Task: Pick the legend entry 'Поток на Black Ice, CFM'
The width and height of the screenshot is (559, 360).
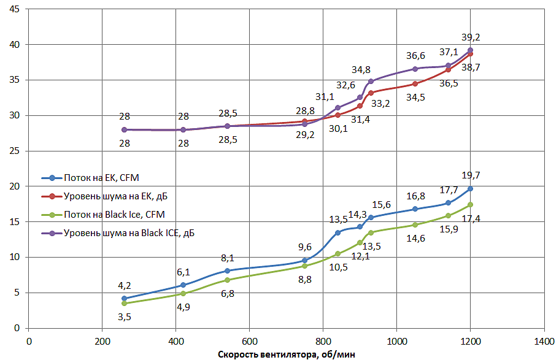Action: coord(114,214)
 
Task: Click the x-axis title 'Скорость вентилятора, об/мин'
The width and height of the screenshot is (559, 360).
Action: coord(286,354)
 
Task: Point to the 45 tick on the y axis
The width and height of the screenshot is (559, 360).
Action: coord(15,9)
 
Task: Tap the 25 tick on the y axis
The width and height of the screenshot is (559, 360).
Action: coord(15,151)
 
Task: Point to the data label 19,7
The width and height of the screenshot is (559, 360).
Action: coord(471,176)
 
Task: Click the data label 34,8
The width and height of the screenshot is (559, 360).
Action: coord(361,69)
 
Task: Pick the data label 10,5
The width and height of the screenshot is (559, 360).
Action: coord(337,267)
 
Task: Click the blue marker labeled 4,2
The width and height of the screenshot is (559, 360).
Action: coord(125,299)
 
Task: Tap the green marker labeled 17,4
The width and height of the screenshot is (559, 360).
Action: coord(470,204)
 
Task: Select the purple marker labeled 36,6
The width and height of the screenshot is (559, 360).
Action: coord(415,69)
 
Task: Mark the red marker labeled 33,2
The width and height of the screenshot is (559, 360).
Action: coord(371,93)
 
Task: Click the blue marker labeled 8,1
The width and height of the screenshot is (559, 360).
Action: coord(227,270)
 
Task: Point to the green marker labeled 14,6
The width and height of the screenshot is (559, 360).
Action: coord(415,224)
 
